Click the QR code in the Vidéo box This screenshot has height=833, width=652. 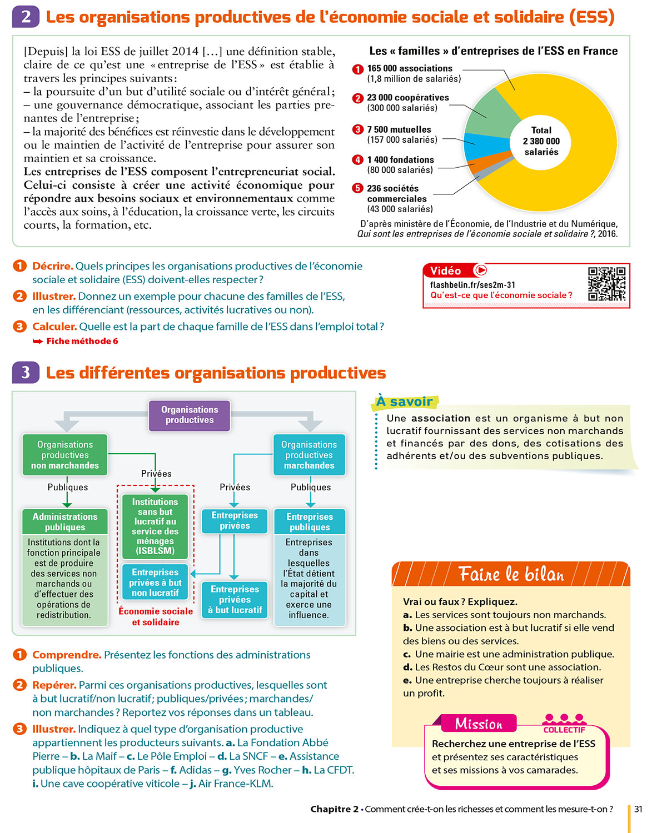[607, 284]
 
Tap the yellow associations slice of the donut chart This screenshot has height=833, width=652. [578, 178]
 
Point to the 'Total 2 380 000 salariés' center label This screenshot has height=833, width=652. [541, 141]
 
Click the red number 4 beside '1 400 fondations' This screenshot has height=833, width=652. [357, 160]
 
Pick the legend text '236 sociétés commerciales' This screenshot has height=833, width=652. [397, 193]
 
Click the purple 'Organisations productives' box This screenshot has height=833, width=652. [190, 415]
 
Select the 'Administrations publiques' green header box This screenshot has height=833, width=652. [65, 521]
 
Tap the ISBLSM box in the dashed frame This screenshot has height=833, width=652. [155, 526]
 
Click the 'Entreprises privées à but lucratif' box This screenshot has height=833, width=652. [235, 599]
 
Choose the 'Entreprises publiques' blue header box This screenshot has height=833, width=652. [310, 521]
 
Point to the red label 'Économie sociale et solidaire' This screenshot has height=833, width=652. [156, 616]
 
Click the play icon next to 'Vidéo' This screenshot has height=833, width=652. [480, 270]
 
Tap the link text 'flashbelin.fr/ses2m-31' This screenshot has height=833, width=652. [472, 285]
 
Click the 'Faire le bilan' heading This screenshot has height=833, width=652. [511, 574]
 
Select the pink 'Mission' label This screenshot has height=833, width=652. [479, 724]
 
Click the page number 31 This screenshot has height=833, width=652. [638, 809]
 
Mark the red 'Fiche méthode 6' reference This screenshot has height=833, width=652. [82, 341]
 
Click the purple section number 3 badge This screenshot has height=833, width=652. [26, 372]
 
